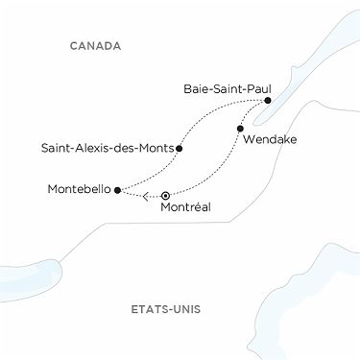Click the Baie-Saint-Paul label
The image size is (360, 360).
click(x=227, y=87)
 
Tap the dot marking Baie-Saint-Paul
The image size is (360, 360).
click(x=268, y=101)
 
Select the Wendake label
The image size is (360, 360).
click(x=271, y=140)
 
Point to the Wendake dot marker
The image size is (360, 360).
click(x=240, y=128)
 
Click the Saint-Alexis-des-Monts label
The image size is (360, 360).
click(x=107, y=149)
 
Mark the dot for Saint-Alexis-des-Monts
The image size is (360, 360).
click(x=180, y=149)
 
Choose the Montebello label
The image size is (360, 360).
click(x=79, y=190)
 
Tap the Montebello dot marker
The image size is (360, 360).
click(x=117, y=190)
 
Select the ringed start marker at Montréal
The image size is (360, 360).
click(x=166, y=195)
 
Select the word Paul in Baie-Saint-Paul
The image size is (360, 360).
click(x=257, y=87)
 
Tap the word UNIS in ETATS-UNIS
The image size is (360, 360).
click(x=194, y=309)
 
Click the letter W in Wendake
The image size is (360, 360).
click(x=251, y=140)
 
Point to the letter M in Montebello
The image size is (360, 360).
click(x=52, y=190)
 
